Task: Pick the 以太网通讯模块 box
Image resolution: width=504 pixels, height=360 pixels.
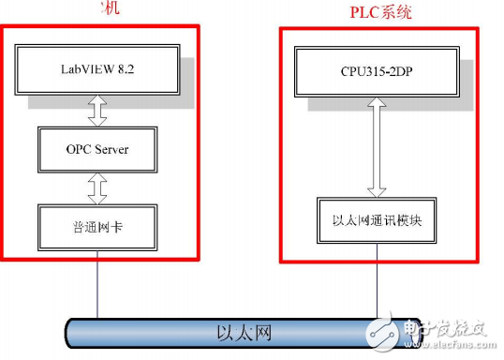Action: click(x=376, y=221)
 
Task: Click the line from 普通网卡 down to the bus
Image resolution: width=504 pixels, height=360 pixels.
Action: click(x=96, y=286)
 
